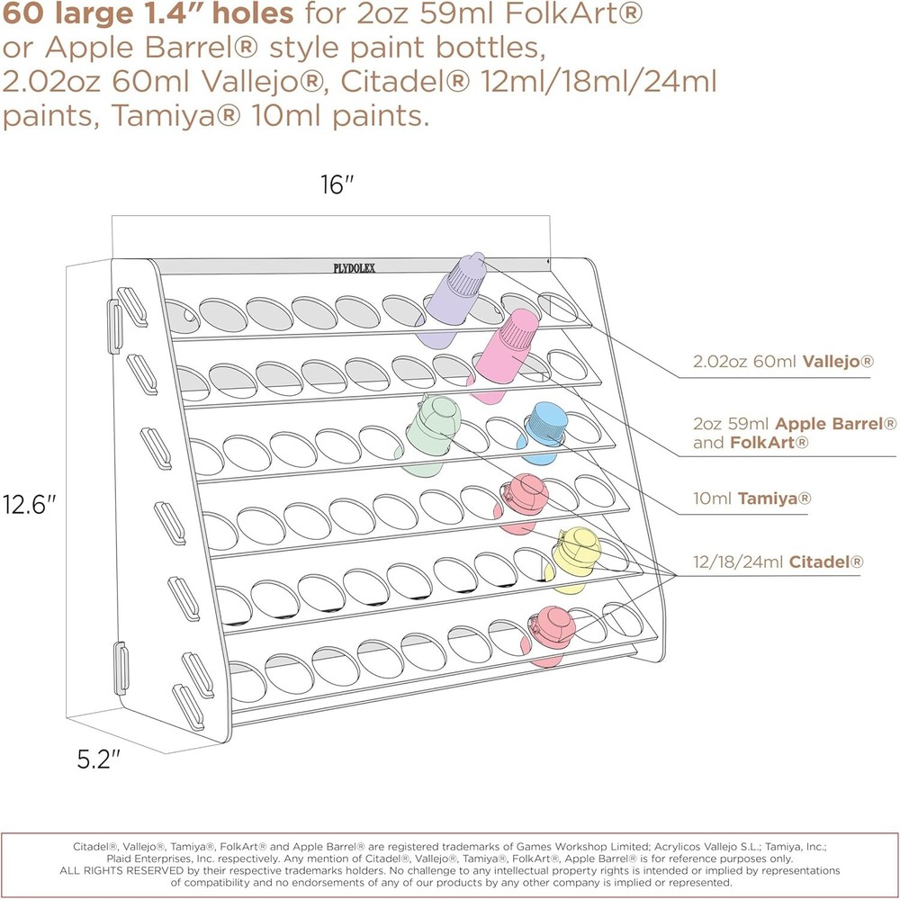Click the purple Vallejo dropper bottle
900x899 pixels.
tap(454, 299)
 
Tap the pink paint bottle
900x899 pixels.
tap(505, 353)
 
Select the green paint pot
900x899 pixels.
tap(429, 434)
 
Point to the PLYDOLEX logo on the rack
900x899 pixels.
tap(355, 268)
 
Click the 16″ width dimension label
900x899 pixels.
tap(337, 184)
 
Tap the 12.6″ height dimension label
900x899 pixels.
tap(30, 505)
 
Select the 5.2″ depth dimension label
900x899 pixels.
tap(99, 760)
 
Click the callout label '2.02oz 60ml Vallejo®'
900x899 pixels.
tap(783, 361)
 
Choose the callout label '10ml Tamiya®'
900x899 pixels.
tap(751, 498)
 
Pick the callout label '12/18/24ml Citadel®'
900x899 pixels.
tap(778, 561)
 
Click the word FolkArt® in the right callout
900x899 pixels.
tap(769, 443)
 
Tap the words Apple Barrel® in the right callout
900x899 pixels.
tap(836, 424)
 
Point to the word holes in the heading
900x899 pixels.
tap(253, 13)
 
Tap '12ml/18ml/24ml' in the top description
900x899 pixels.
tap(598, 81)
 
